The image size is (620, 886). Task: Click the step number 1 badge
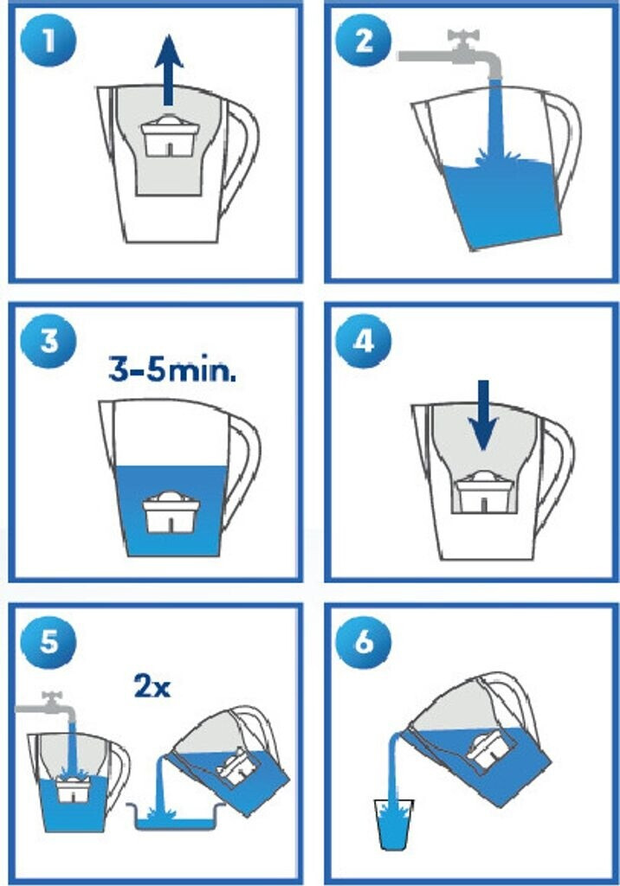click(x=48, y=41)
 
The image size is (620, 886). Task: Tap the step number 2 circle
click(x=363, y=41)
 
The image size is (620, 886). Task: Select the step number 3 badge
click(x=48, y=341)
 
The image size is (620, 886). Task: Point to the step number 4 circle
click(x=363, y=341)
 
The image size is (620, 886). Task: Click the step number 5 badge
click(x=48, y=642)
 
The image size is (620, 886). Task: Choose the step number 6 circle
click(x=363, y=642)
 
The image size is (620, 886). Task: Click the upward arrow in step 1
click(x=169, y=69)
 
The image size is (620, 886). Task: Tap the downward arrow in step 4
click(x=483, y=415)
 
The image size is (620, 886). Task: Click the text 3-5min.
click(x=172, y=370)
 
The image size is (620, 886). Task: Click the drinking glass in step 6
click(x=394, y=824)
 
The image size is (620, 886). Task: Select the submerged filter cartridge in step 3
click(x=171, y=512)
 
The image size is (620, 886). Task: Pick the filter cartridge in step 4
click(x=484, y=491)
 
